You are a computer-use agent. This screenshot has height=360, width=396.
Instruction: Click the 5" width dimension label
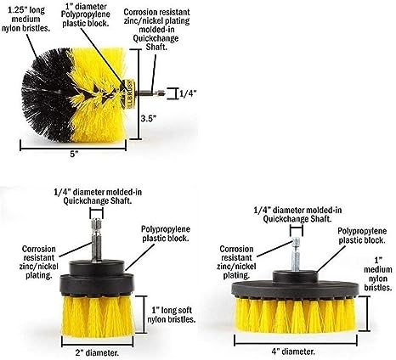click(x=74, y=155)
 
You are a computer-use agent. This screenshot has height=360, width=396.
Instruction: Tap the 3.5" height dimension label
click(x=149, y=118)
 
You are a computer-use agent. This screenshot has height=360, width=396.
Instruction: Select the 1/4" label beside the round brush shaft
click(x=188, y=93)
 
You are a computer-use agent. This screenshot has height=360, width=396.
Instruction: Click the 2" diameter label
click(x=97, y=352)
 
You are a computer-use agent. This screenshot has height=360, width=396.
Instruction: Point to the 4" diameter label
click(x=293, y=352)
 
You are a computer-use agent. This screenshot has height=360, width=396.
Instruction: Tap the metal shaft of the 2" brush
click(x=96, y=239)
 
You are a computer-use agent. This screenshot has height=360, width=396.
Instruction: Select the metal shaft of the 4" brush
click(x=296, y=254)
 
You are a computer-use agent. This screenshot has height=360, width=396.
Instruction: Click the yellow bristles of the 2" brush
click(x=98, y=317)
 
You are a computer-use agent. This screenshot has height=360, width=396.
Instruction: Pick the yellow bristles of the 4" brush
click(x=295, y=315)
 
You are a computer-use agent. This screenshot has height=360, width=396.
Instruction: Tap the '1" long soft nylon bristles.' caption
click(x=172, y=315)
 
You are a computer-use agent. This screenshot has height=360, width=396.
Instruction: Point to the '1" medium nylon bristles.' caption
click(x=378, y=274)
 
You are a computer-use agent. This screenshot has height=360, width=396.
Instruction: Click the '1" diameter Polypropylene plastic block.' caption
click(x=86, y=14)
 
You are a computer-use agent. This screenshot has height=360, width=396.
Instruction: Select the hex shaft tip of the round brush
click(x=160, y=93)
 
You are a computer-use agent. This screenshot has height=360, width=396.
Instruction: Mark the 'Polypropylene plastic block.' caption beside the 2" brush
click(x=166, y=233)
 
